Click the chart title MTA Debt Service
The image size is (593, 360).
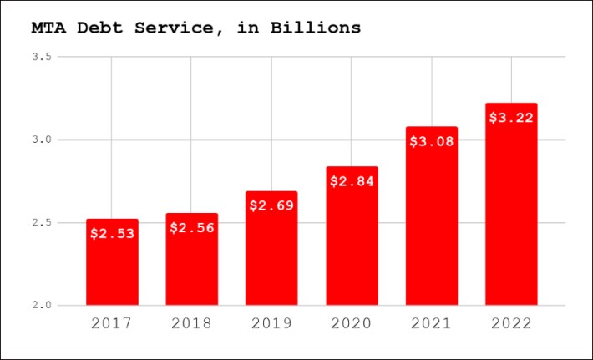[x=195, y=28]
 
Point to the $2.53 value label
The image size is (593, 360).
[x=112, y=233]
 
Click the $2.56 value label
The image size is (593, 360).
[x=192, y=227]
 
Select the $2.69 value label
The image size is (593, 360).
[x=271, y=205]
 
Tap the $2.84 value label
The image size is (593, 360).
[x=352, y=180]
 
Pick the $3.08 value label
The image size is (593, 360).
[x=432, y=140]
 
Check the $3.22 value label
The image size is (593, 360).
[x=511, y=117]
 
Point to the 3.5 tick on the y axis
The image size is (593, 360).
[x=42, y=57]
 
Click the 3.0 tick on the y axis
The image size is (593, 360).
[x=42, y=139]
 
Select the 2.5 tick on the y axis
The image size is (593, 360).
[x=42, y=222]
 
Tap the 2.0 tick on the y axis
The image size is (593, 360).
[x=42, y=305]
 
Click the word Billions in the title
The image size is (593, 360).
[x=315, y=28]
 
